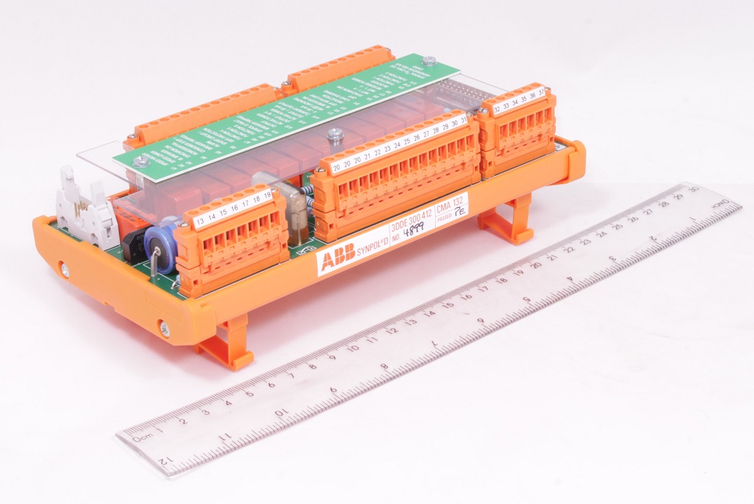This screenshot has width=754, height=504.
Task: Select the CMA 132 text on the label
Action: (x=450, y=205)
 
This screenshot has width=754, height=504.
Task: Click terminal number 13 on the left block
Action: (x=200, y=223)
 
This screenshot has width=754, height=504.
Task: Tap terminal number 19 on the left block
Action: (x=267, y=195)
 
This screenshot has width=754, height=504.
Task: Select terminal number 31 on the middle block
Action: (x=464, y=119)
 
